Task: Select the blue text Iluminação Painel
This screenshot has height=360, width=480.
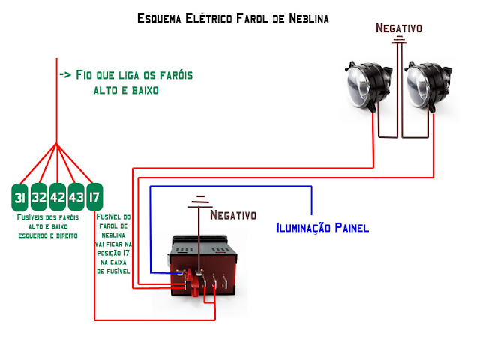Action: click(322, 227)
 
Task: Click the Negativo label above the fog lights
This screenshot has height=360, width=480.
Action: click(399, 28)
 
